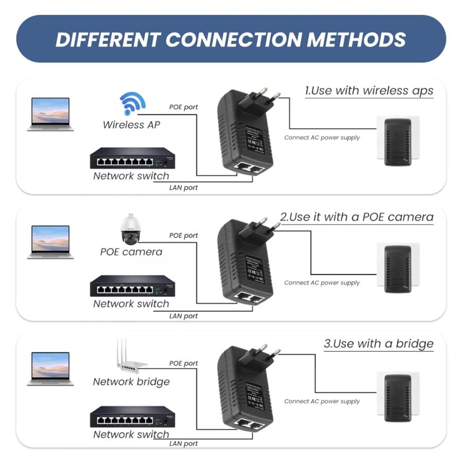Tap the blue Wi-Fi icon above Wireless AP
[133, 103]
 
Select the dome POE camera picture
[130, 229]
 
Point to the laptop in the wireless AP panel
[50, 114]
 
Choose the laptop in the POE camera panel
[50, 241]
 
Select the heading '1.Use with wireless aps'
[369, 91]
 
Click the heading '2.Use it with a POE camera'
[356, 217]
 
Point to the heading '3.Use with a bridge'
[379, 343]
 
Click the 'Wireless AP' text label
[131, 124]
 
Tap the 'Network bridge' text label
[131, 382]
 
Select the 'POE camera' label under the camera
[131, 252]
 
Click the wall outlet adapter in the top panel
[398, 141]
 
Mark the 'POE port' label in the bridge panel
[183, 363]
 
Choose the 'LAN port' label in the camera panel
[183, 316]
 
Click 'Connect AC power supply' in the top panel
[322, 137]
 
